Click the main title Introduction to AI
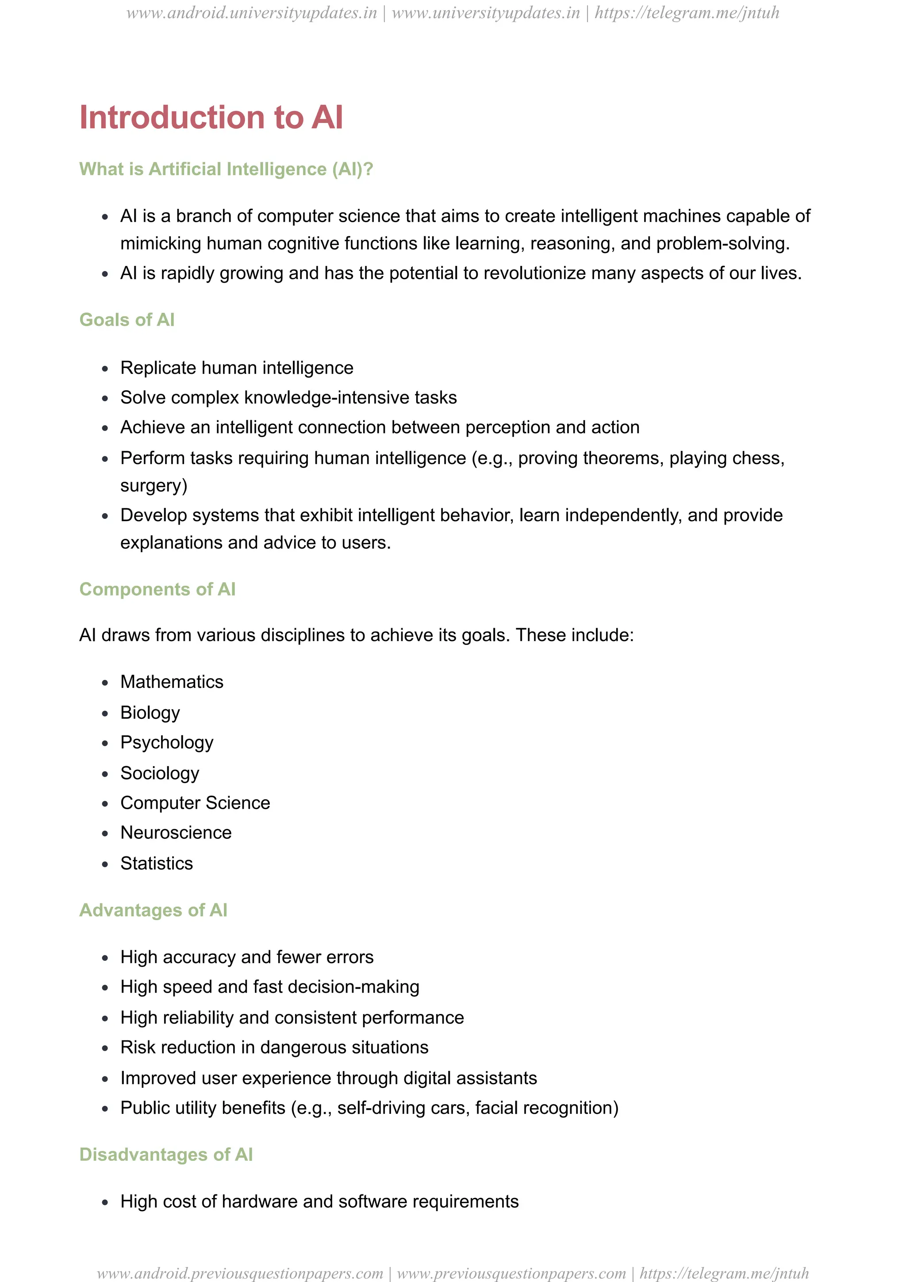tap(211, 117)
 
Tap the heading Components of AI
tap(157, 589)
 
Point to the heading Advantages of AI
tap(153, 910)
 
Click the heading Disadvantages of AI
tap(166, 1154)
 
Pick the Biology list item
tap(150, 713)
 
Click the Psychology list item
tap(167, 743)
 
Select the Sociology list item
tap(160, 773)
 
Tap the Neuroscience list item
tap(176, 833)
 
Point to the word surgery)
tap(154, 485)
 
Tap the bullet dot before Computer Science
tap(105, 803)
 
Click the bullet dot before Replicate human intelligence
tap(105, 368)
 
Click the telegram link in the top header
tap(687, 13)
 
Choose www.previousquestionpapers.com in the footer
tap(511, 1273)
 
